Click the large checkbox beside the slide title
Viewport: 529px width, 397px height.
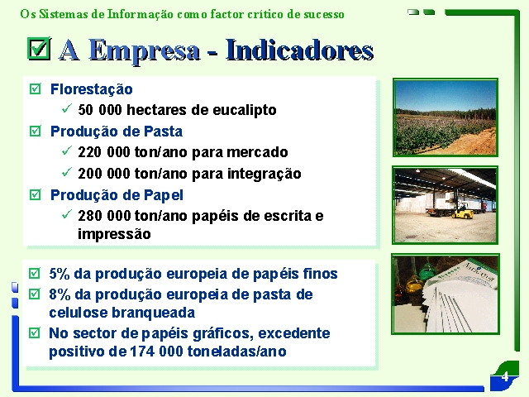[39, 48]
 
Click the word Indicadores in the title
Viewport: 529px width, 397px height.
[299, 50]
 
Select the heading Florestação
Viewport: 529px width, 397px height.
[92, 89]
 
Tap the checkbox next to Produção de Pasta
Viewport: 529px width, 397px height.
[35, 131]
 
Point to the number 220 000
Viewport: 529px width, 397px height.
[104, 152]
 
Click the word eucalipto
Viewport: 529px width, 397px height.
[245, 110]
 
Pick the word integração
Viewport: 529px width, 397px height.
[264, 175]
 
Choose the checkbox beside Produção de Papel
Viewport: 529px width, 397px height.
[35, 195]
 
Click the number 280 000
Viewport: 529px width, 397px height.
[104, 216]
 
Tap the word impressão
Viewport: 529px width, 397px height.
[114, 234]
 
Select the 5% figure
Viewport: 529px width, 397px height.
[60, 274]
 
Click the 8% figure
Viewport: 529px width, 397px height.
[60, 294]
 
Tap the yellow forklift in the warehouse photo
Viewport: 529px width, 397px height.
[462, 211]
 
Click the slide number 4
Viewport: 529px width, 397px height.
[505, 376]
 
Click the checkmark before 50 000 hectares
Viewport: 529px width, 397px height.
[67, 108]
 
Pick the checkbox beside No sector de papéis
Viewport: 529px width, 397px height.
[35, 332]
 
